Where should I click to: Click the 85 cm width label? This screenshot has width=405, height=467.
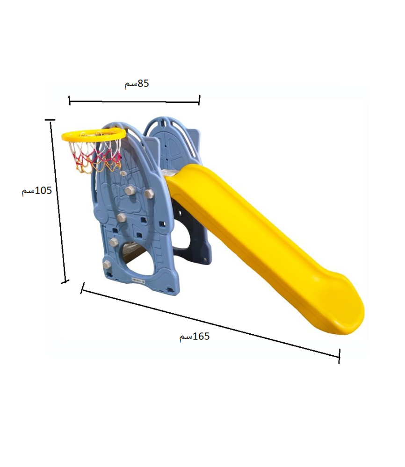click(137, 84)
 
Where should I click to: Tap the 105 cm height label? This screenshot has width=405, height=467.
click(36, 191)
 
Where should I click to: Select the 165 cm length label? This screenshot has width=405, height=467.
click(194, 337)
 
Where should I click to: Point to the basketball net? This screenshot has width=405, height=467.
click(95, 156)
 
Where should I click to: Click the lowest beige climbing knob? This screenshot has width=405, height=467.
click(107, 265)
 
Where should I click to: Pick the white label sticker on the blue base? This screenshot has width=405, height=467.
click(138, 280)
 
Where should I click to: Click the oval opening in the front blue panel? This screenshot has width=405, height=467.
click(136, 259)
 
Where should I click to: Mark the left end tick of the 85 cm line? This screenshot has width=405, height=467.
click(69, 101)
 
